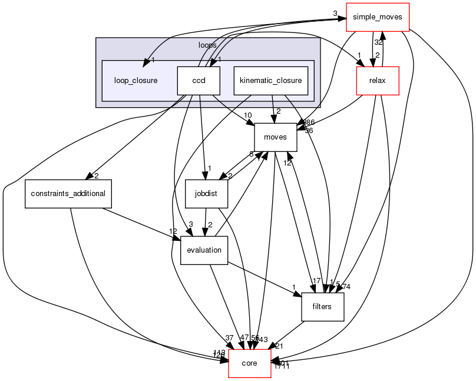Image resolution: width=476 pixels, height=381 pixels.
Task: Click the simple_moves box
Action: click(x=377, y=17)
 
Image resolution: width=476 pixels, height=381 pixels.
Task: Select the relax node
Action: click(x=377, y=80)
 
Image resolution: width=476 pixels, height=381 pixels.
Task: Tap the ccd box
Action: click(x=199, y=80)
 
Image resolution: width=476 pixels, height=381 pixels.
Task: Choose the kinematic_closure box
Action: click(x=271, y=80)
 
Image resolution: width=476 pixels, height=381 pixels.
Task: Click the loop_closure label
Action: click(x=136, y=80)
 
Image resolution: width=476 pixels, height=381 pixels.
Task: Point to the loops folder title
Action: click(x=207, y=44)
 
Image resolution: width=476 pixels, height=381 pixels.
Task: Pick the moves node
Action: click(x=275, y=137)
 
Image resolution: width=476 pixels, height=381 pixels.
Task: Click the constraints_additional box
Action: click(x=68, y=194)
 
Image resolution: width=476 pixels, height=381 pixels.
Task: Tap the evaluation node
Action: click(x=204, y=250)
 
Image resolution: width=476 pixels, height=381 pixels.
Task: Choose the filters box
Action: click(x=322, y=306)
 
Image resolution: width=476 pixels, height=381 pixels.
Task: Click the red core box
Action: click(x=250, y=363)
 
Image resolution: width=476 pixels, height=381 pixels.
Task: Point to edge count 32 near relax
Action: click(x=378, y=42)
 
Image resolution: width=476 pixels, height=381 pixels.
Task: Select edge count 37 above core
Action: click(x=229, y=337)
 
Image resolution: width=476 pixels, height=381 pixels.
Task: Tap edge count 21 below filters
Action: click(x=279, y=346)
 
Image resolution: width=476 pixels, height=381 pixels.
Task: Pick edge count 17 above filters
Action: click(x=316, y=281)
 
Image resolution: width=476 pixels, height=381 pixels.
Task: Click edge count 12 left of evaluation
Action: click(x=173, y=231)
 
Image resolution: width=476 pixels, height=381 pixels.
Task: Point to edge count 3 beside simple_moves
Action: click(x=335, y=13)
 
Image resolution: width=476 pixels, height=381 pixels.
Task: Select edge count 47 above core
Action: click(x=245, y=338)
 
